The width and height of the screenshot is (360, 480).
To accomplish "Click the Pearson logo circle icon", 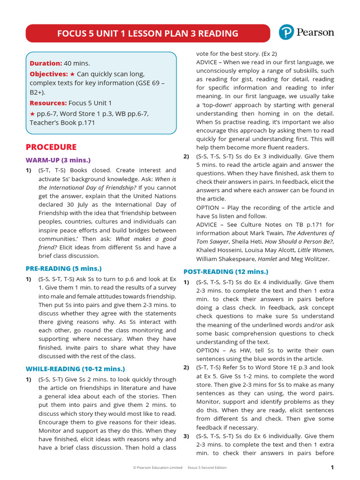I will pyautogui.click(x=286, y=32).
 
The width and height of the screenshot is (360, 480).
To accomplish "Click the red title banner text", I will pyautogui.click(x=147, y=33).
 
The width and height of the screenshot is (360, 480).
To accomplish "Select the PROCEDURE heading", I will pyautogui.click(x=51, y=147).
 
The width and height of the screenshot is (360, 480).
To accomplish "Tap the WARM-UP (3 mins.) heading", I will pyautogui.click(x=58, y=160).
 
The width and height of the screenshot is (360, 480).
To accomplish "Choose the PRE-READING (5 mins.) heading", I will pyautogui.click(x=63, y=269).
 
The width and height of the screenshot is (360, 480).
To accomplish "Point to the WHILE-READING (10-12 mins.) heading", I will pyautogui.click(x=75, y=369).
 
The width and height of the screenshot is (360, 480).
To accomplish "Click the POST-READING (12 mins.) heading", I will pyautogui.click(x=225, y=271).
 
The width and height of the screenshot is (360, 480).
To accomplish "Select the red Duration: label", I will pyautogui.click(x=45, y=63).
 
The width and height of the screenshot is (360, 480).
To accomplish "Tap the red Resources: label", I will pyautogui.click(x=48, y=103).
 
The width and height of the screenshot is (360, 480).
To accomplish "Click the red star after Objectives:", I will pyautogui.click(x=72, y=74).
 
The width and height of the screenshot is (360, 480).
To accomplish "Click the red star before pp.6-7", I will pyautogui.click(x=32, y=114).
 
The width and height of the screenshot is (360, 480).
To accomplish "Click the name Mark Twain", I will pyautogui.click(x=268, y=233).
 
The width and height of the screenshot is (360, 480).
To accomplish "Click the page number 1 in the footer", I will pyautogui.click(x=332, y=467).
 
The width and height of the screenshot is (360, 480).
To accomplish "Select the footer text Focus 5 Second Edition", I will pyautogui.click(x=207, y=468).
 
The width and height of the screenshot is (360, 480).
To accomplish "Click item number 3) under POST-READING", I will pyautogui.click(x=187, y=436).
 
